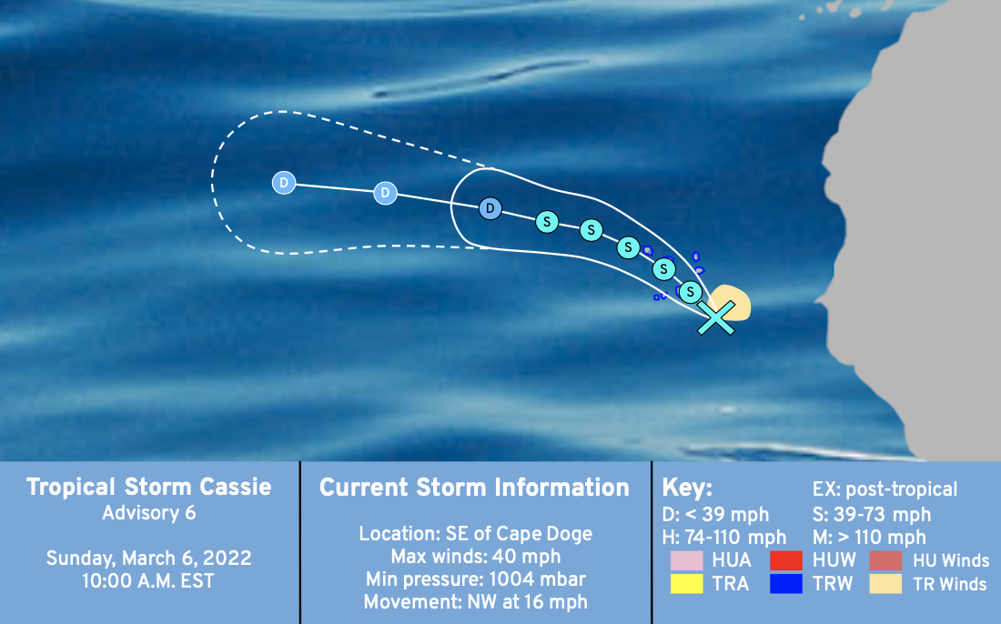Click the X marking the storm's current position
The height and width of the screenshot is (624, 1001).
(715, 317)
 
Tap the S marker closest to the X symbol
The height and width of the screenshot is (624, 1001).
(690, 292)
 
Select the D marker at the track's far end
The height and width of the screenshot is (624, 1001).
(283, 183)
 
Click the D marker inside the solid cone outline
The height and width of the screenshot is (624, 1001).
(490, 208)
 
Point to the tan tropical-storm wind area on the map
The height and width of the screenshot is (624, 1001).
(732, 302)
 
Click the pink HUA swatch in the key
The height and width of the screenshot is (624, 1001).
(687, 560)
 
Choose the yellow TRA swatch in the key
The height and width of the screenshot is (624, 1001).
(687, 583)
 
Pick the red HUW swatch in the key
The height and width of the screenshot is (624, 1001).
(786, 560)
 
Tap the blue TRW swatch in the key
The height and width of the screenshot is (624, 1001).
(786, 583)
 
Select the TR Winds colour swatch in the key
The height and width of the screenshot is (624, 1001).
(885, 583)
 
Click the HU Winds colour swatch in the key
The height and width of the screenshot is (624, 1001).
(885, 560)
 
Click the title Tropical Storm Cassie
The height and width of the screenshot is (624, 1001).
(148, 487)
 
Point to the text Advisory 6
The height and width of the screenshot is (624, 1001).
(148, 513)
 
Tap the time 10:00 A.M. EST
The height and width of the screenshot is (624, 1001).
(148, 581)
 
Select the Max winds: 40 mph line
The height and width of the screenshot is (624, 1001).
(476, 557)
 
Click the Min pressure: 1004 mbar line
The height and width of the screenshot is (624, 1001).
(476, 579)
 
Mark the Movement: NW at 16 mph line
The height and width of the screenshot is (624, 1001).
(476, 601)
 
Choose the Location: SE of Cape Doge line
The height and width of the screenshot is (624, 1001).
(476, 534)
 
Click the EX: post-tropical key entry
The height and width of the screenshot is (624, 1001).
(885, 489)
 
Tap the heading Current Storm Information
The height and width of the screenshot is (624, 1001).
(474, 488)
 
